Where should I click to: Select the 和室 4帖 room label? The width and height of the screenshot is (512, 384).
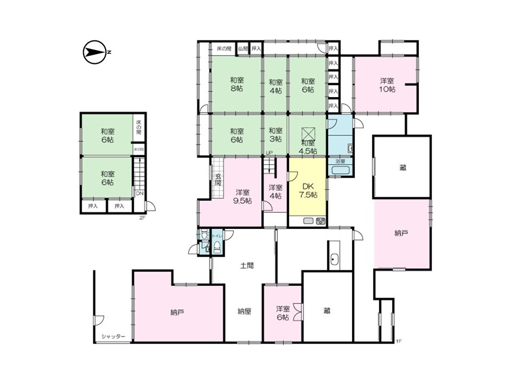(x=275, y=86)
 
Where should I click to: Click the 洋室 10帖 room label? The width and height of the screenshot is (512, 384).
(x=388, y=85)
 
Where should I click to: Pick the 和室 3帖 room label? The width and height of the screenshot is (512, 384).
(x=275, y=135)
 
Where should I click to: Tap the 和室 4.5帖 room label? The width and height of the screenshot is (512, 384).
(x=308, y=147)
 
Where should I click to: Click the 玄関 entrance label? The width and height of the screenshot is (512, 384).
(x=218, y=180)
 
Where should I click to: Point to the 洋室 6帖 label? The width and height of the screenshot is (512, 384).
(x=283, y=313)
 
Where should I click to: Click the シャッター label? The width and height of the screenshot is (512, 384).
(x=114, y=337)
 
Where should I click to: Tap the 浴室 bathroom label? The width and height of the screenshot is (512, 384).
(x=340, y=161)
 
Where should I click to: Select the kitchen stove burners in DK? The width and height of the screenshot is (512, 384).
(x=320, y=221)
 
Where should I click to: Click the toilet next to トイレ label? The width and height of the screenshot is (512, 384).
(x=217, y=246)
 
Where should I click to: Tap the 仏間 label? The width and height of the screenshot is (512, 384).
(x=243, y=49)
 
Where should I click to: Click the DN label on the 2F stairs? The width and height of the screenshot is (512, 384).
(x=139, y=194)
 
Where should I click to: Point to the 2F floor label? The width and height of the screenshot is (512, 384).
(x=142, y=218)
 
